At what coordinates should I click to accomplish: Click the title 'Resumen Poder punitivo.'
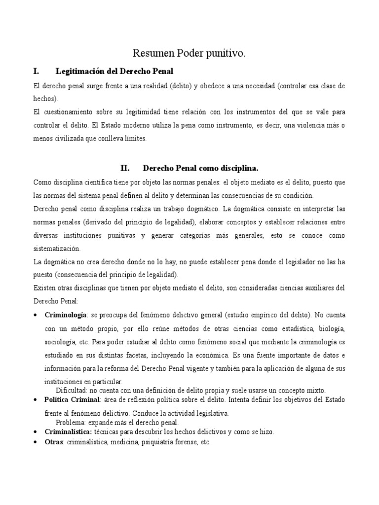point(189,54)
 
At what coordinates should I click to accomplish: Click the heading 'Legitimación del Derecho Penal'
point(114,72)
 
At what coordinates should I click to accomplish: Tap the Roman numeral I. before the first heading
point(36,72)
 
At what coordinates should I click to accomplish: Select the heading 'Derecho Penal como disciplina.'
point(208,168)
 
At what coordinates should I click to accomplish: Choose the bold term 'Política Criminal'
point(73,399)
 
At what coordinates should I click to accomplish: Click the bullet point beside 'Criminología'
point(35,315)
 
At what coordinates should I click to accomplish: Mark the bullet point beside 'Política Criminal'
point(35,399)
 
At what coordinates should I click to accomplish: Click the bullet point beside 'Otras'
point(35,443)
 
